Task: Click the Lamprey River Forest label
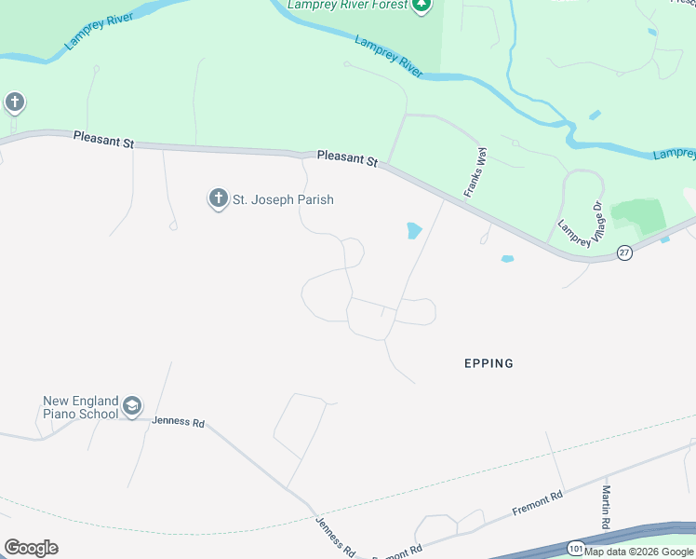[x=347, y=6]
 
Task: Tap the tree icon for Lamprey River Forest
[x=422, y=6]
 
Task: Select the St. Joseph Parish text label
[x=283, y=199]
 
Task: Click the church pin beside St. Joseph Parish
[x=219, y=198]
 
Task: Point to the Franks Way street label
[x=475, y=170]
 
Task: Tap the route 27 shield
[x=624, y=252]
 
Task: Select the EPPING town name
[x=489, y=363]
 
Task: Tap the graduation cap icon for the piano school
[x=132, y=407]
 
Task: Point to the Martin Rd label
[x=606, y=508]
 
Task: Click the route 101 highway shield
[x=576, y=549]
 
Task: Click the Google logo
[x=31, y=548]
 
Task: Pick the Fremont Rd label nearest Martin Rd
[x=538, y=504]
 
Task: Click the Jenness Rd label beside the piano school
[x=178, y=422]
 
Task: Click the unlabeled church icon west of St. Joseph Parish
[x=14, y=102]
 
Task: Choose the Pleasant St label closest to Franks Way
[x=346, y=159]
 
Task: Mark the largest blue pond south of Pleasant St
[x=414, y=230]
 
